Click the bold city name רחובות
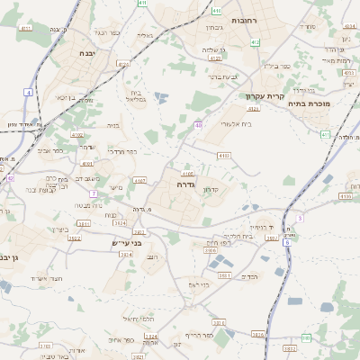[x=245, y=20]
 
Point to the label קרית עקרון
[x=264, y=96]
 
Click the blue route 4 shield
[x=28, y=93]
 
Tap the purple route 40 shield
[x=197, y=125]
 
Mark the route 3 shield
[x=298, y=218]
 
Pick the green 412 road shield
[x=256, y=42]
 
